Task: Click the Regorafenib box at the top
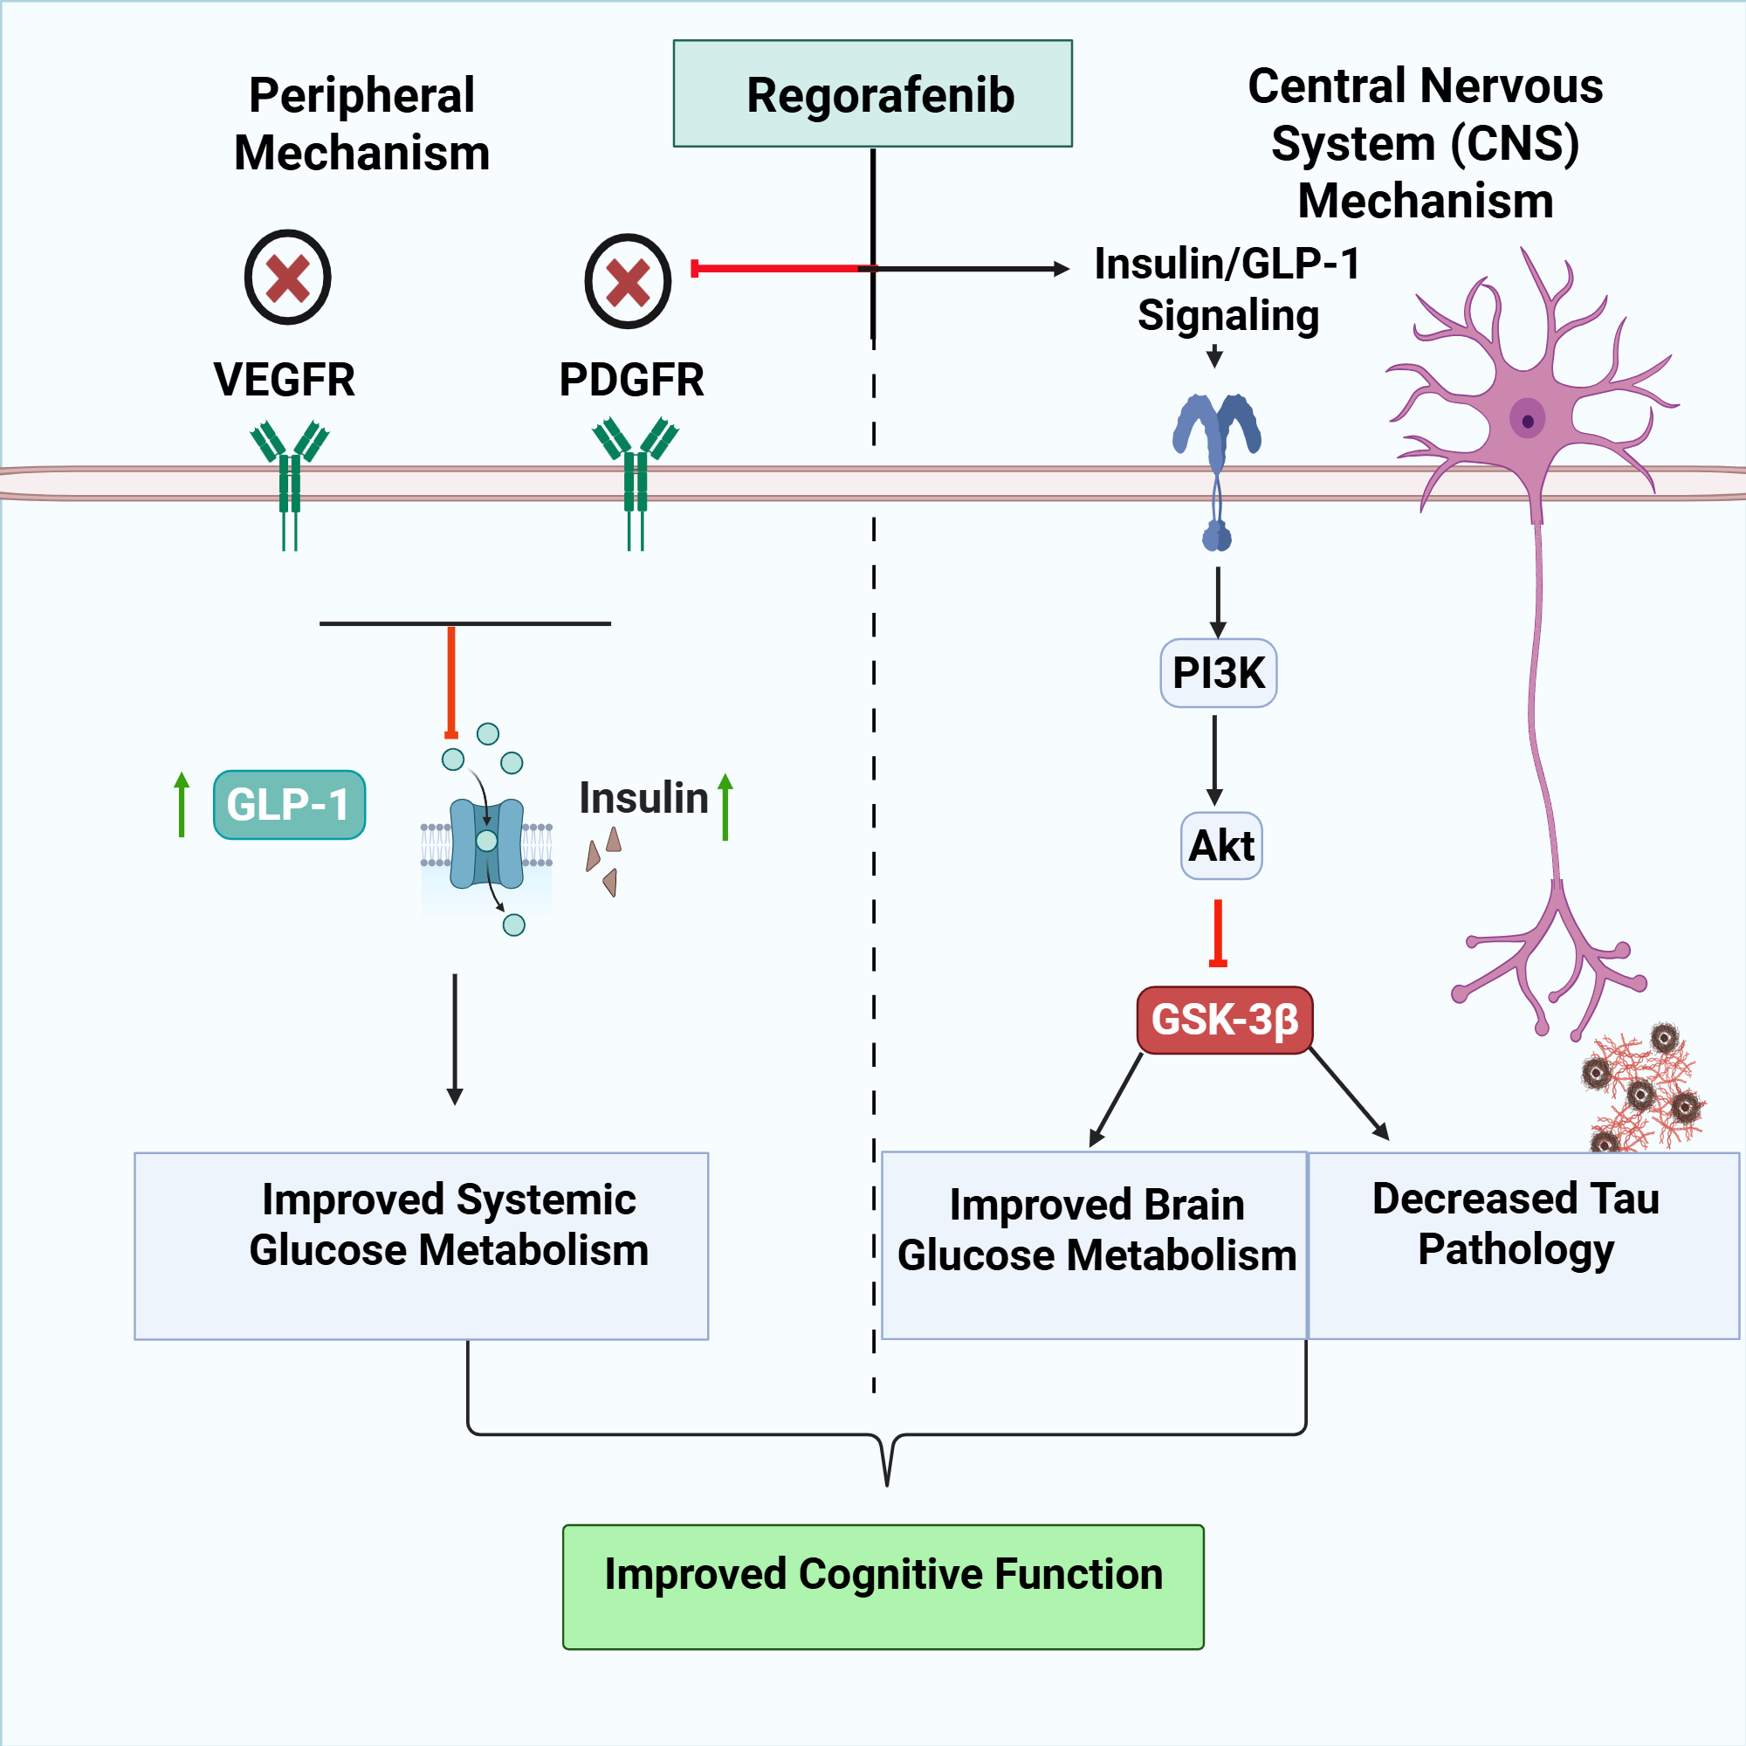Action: (x=872, y=93)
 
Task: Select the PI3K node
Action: (x=1218, y=673)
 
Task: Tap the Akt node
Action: (x=1221, y=846)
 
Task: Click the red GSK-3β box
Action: (x=1224, y=1020)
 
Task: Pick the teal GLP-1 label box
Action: (x=289, y=804)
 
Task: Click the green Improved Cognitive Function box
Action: (x=883, y=1586)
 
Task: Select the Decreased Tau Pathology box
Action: (x=1523, y=1246)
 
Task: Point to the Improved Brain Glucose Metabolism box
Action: (x=1094, y=1246)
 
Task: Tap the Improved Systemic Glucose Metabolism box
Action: (x=421, y=1246)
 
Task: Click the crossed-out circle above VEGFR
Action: (x=287, y=278)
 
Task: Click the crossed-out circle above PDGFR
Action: (x=627, y=281)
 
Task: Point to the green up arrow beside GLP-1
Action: (x=182, y=803)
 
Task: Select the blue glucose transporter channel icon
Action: (x=486, y=842)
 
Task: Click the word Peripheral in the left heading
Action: (x=361, y=95)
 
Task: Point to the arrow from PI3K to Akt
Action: (x=1214, y=760)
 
